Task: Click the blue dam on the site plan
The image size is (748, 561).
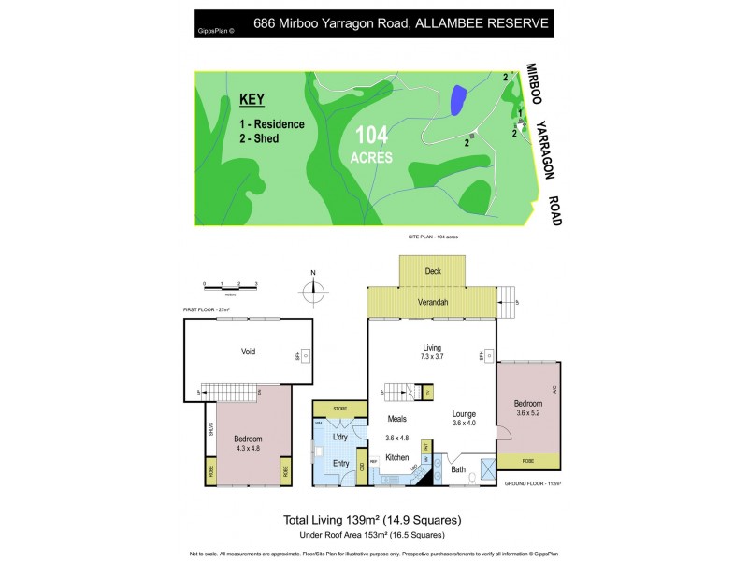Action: tap(458, 100)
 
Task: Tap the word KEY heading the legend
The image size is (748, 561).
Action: tap(252, 99)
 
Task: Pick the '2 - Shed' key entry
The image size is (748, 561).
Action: tap(259, 138)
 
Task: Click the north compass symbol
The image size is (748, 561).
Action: tap(314, 284)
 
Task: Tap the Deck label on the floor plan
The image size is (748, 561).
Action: tap(432, 271)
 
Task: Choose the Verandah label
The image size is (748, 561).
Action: tap(432, 302)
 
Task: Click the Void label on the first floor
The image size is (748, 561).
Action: tap(249, 352)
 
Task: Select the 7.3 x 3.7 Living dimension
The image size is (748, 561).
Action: tap(431, 357)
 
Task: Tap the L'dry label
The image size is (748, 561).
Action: tap(339, 437)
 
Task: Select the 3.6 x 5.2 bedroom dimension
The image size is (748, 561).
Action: tap(528, 412)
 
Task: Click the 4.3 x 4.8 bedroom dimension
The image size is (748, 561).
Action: tap(248, 449)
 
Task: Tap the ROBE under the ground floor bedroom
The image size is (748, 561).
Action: tap(528, 460)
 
